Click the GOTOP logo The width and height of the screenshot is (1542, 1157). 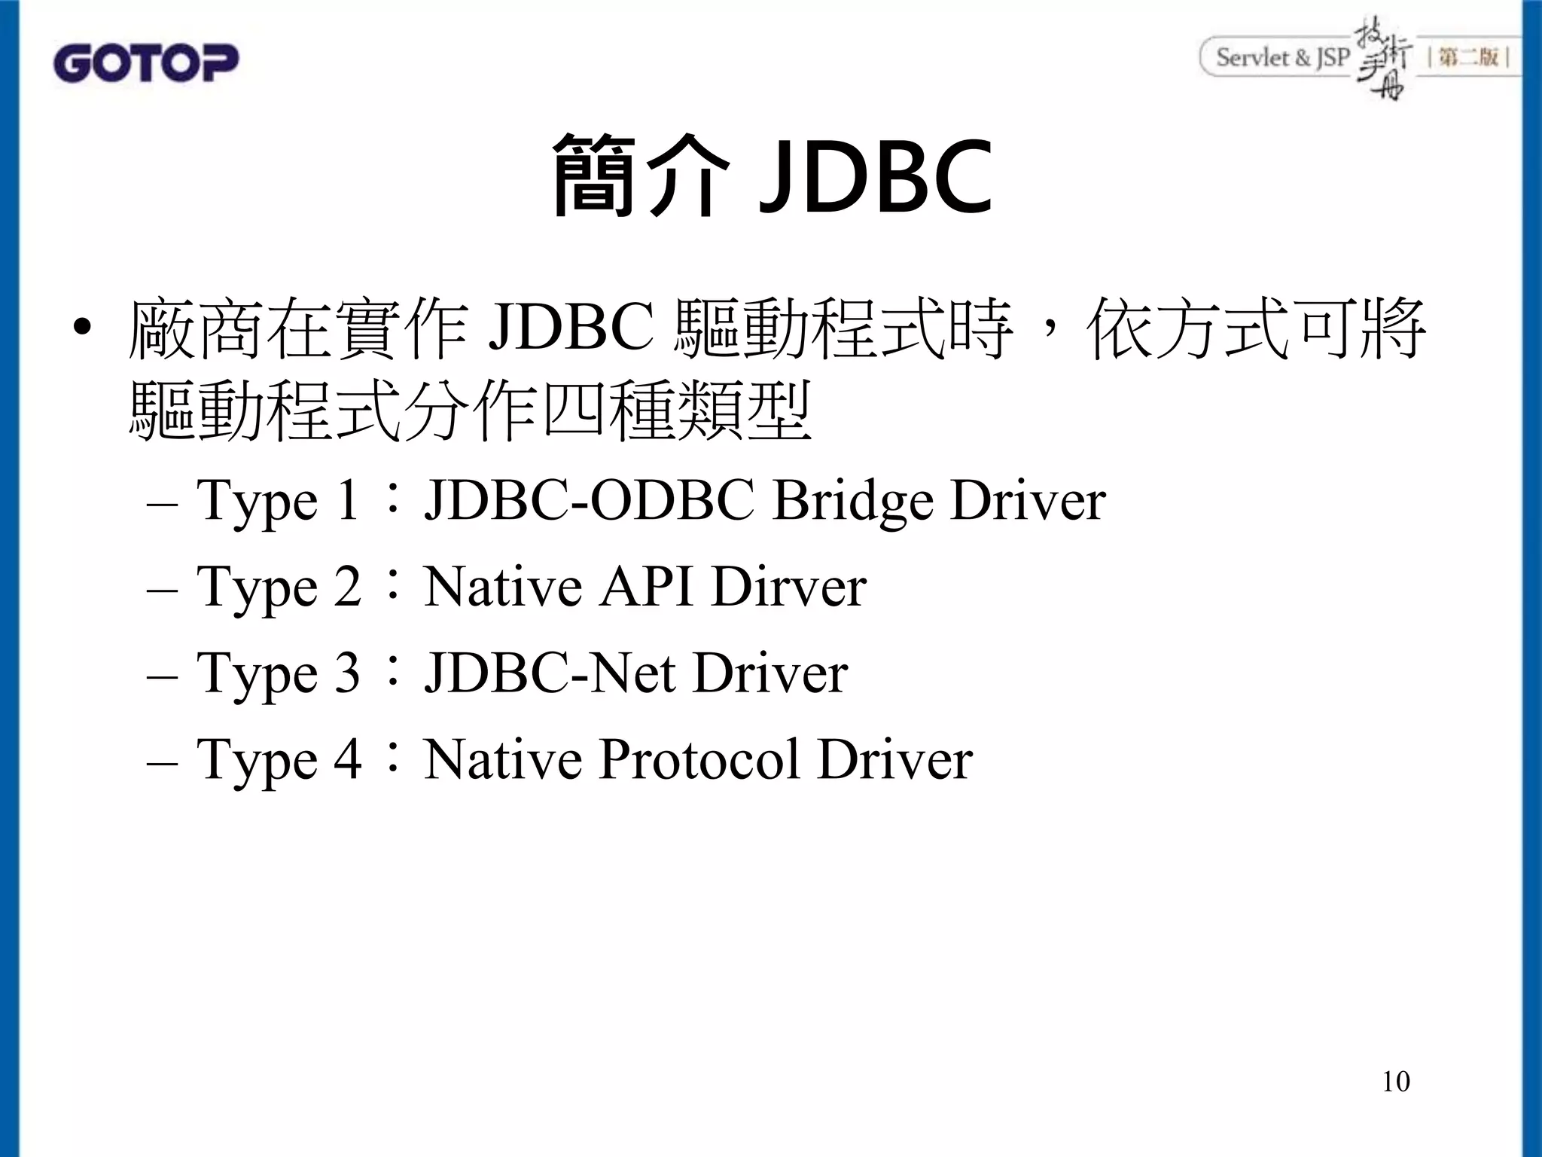click(x=146, y=63)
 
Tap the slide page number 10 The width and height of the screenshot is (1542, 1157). click(x=1395, y=1081)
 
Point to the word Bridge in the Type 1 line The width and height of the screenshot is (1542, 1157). click(x=853, y=502)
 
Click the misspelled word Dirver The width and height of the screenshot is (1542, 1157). click(x=788, y=588)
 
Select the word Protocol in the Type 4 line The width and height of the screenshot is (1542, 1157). click(x=699, y=759)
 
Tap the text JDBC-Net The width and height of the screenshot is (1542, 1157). click(x=550, y=673)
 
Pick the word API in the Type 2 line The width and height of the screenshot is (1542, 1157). click(x=646, y=588)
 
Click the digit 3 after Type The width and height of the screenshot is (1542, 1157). click(x=346, y=673)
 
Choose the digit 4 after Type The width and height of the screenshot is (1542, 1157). click(x=347, y=759)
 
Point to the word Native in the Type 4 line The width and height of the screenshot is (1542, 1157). click(x=503, y=759)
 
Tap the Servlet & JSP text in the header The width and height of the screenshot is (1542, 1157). click(x=1282, y=57)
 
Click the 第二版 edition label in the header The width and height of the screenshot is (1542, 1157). click(x=1468, y=57)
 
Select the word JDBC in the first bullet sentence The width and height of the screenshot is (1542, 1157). click(x=571, y=329)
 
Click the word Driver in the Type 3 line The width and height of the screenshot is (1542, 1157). click(x=770, y=673)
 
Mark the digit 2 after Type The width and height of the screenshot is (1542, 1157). click(x=347, y=588)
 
